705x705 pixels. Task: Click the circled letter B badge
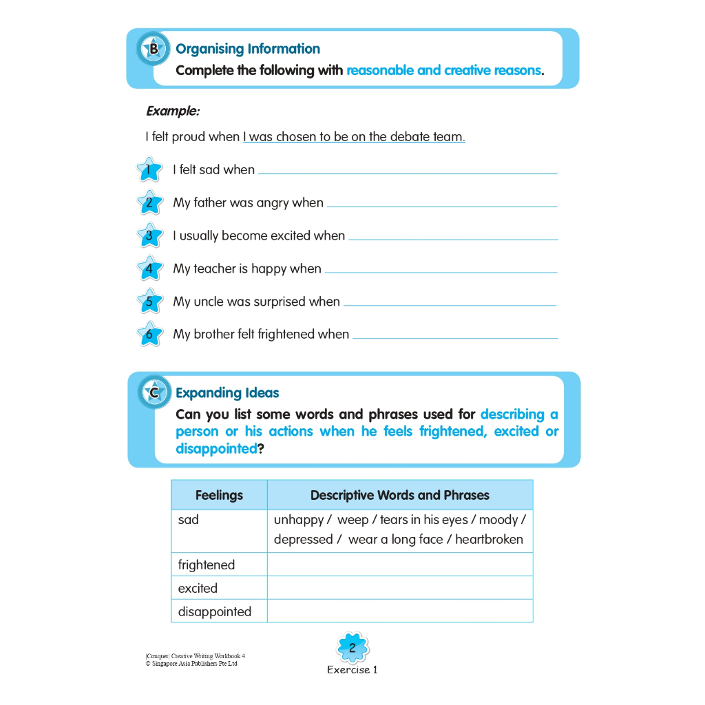(153, 49)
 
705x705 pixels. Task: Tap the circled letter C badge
(154, 392)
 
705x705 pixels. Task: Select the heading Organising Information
(248, 49)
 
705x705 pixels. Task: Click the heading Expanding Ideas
(227, 393)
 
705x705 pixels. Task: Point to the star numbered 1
(149, 169)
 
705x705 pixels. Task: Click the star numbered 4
(149, 269)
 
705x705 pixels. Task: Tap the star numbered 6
(149, 335)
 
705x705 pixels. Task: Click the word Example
(173, 111)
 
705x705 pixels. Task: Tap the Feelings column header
(219, 495)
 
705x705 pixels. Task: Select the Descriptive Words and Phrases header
(399, 495)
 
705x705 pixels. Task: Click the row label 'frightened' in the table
(207, 565)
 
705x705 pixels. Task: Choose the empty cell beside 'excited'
(399, 588)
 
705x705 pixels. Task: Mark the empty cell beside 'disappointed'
(399, 611)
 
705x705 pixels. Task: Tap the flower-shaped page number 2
(352, 648)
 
